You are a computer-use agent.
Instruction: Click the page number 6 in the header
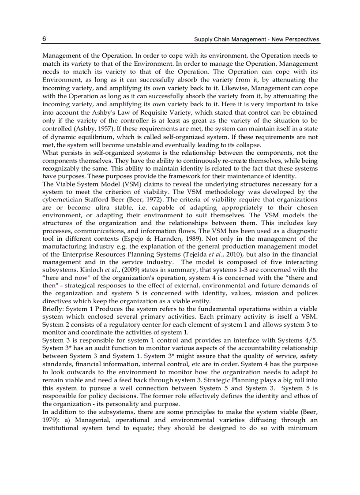pyautogui.click(x=45, y=39)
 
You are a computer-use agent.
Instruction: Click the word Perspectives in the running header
pyautogui.click(x=300, y=40)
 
